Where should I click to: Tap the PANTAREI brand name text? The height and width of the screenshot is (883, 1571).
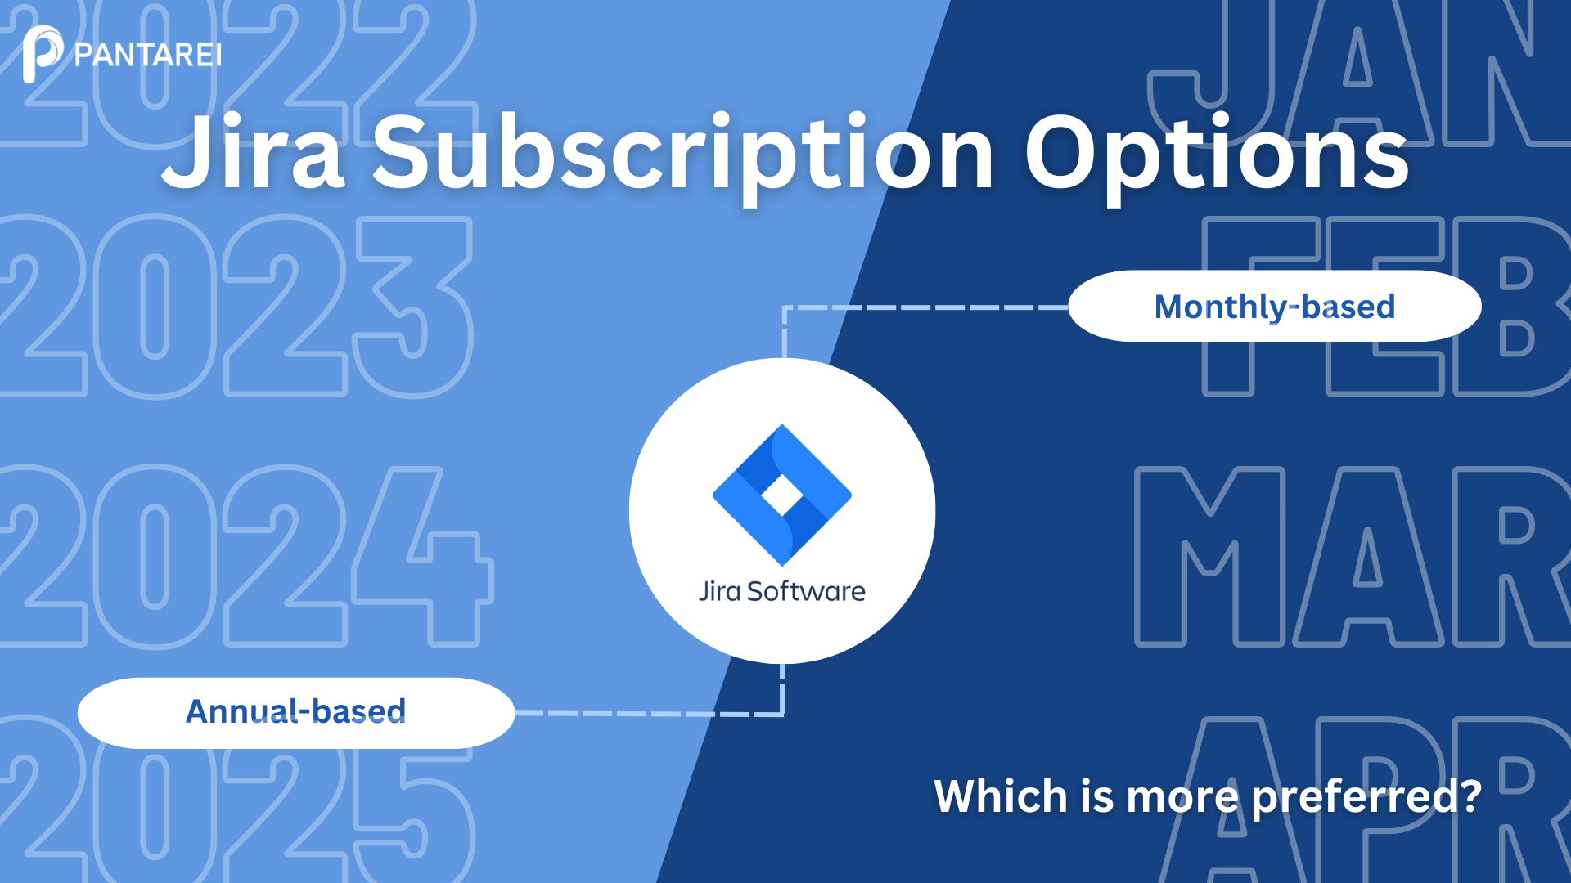tap(148, 56)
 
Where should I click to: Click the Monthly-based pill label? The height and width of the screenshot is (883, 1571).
tap(1275, 307)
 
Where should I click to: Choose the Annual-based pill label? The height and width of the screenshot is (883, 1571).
tap(296, 712)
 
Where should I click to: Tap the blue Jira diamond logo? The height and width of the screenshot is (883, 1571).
tap(782, 495)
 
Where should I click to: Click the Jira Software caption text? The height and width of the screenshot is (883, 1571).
tap(782, 590)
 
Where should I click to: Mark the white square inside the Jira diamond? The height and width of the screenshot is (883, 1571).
tap(782, 495)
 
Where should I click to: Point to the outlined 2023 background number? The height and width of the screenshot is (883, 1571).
tap(236, 307)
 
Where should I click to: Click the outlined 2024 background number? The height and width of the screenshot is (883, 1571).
tap(245, 557)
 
